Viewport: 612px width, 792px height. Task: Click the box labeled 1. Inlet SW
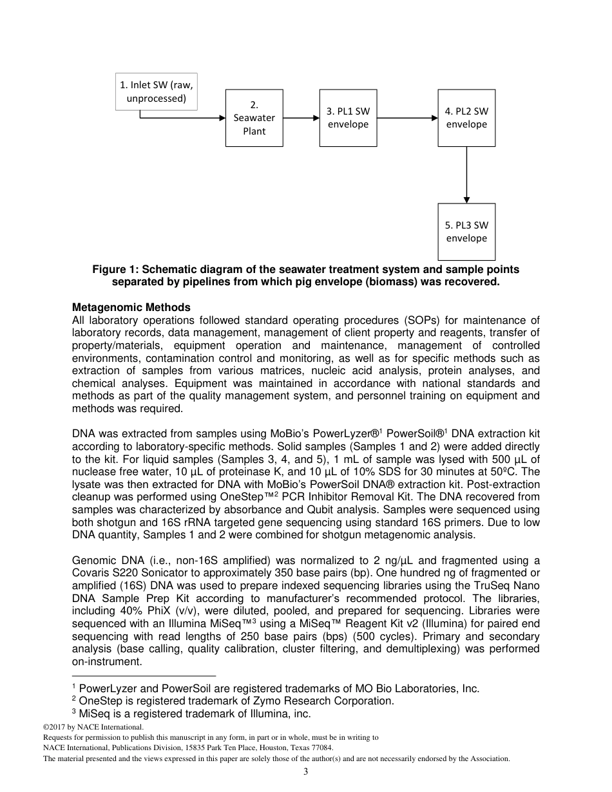[x=157, y=91]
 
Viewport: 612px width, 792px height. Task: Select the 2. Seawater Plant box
[x=254, y=118]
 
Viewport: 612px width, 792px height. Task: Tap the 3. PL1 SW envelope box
[x=348, y=118]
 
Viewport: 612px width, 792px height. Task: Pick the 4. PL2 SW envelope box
[x=466, y=118]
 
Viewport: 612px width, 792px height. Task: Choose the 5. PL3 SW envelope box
[x=466, y=232]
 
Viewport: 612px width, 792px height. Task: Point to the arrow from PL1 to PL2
[x=407, y=118]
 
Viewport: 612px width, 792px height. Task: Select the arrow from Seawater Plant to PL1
[x=301, y=118]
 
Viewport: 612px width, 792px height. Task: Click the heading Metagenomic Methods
[x=131, y=308]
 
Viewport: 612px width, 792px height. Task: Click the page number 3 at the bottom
[x=306, y=772]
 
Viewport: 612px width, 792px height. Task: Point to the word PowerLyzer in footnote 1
[x=106, y=689]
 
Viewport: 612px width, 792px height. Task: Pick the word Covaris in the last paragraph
[x=91, y=572]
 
